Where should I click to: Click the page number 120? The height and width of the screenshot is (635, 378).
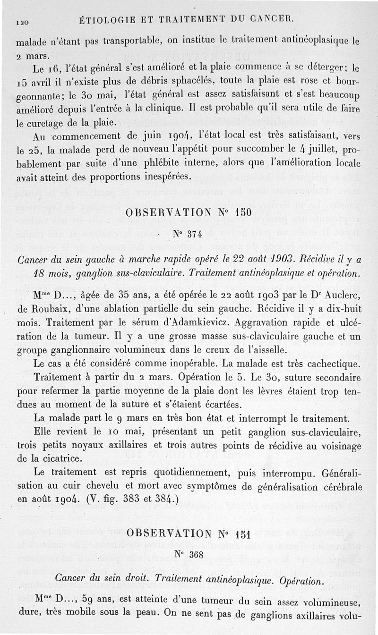23,21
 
